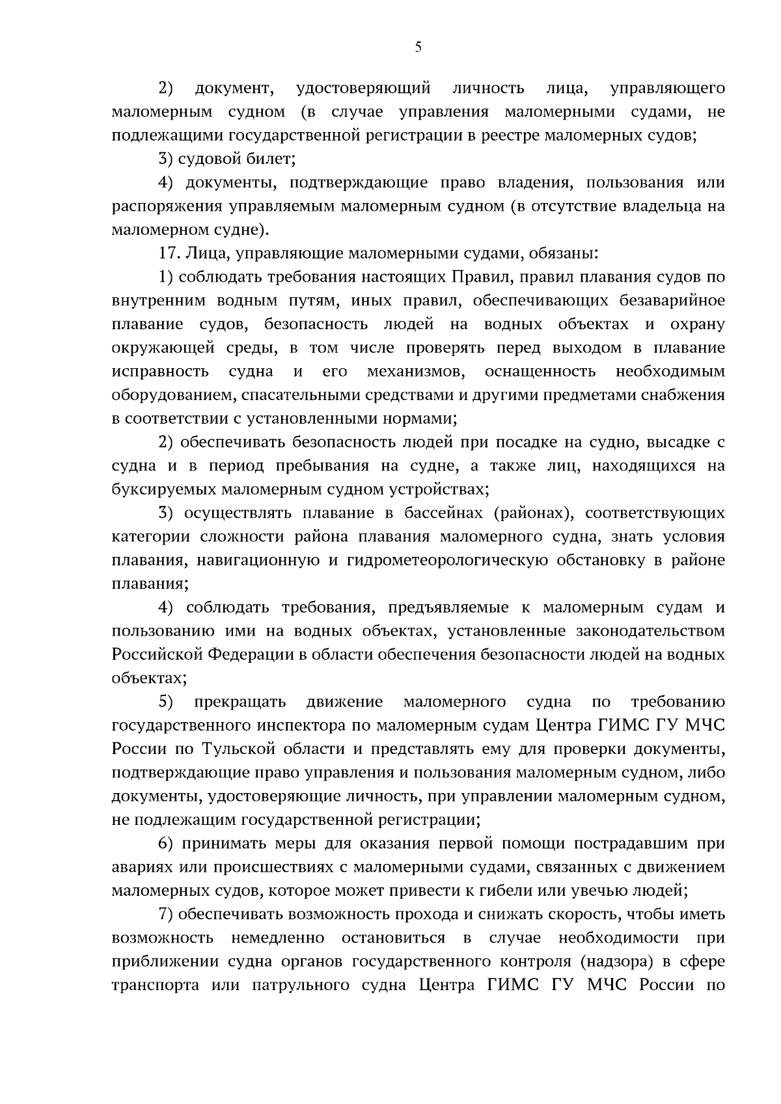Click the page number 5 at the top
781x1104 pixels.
[x=418, y=46]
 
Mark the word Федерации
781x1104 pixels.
[x=251, y=654]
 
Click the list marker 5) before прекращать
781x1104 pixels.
[x=167, y=702]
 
